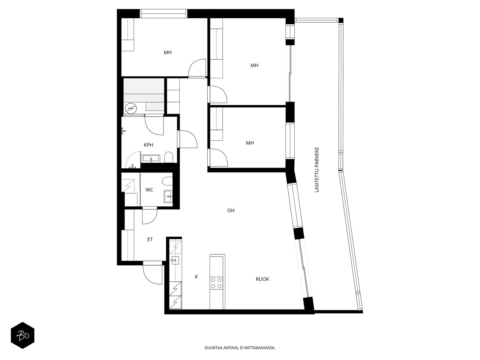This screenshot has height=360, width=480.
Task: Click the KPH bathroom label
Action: [x=148, y=145]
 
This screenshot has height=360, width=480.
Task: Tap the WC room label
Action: [x=149, y=190]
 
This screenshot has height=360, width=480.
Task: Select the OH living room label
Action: [x=231, y=211]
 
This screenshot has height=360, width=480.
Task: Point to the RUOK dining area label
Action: [x=262, y=279]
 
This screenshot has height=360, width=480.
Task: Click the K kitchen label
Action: [x=196, y=277]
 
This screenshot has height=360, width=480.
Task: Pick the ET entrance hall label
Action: [x=150, y=239]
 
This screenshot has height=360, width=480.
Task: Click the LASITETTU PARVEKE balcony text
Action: [x=317, y=169]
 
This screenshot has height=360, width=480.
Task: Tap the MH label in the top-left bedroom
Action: [x=167, y=52]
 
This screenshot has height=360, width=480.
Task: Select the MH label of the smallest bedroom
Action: [x=250, y=143]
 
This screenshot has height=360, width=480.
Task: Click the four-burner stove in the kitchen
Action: [x=216, y=283]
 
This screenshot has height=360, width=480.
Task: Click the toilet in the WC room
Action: [x=166, y=181]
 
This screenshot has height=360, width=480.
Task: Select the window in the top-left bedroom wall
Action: [x=163, y=14]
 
